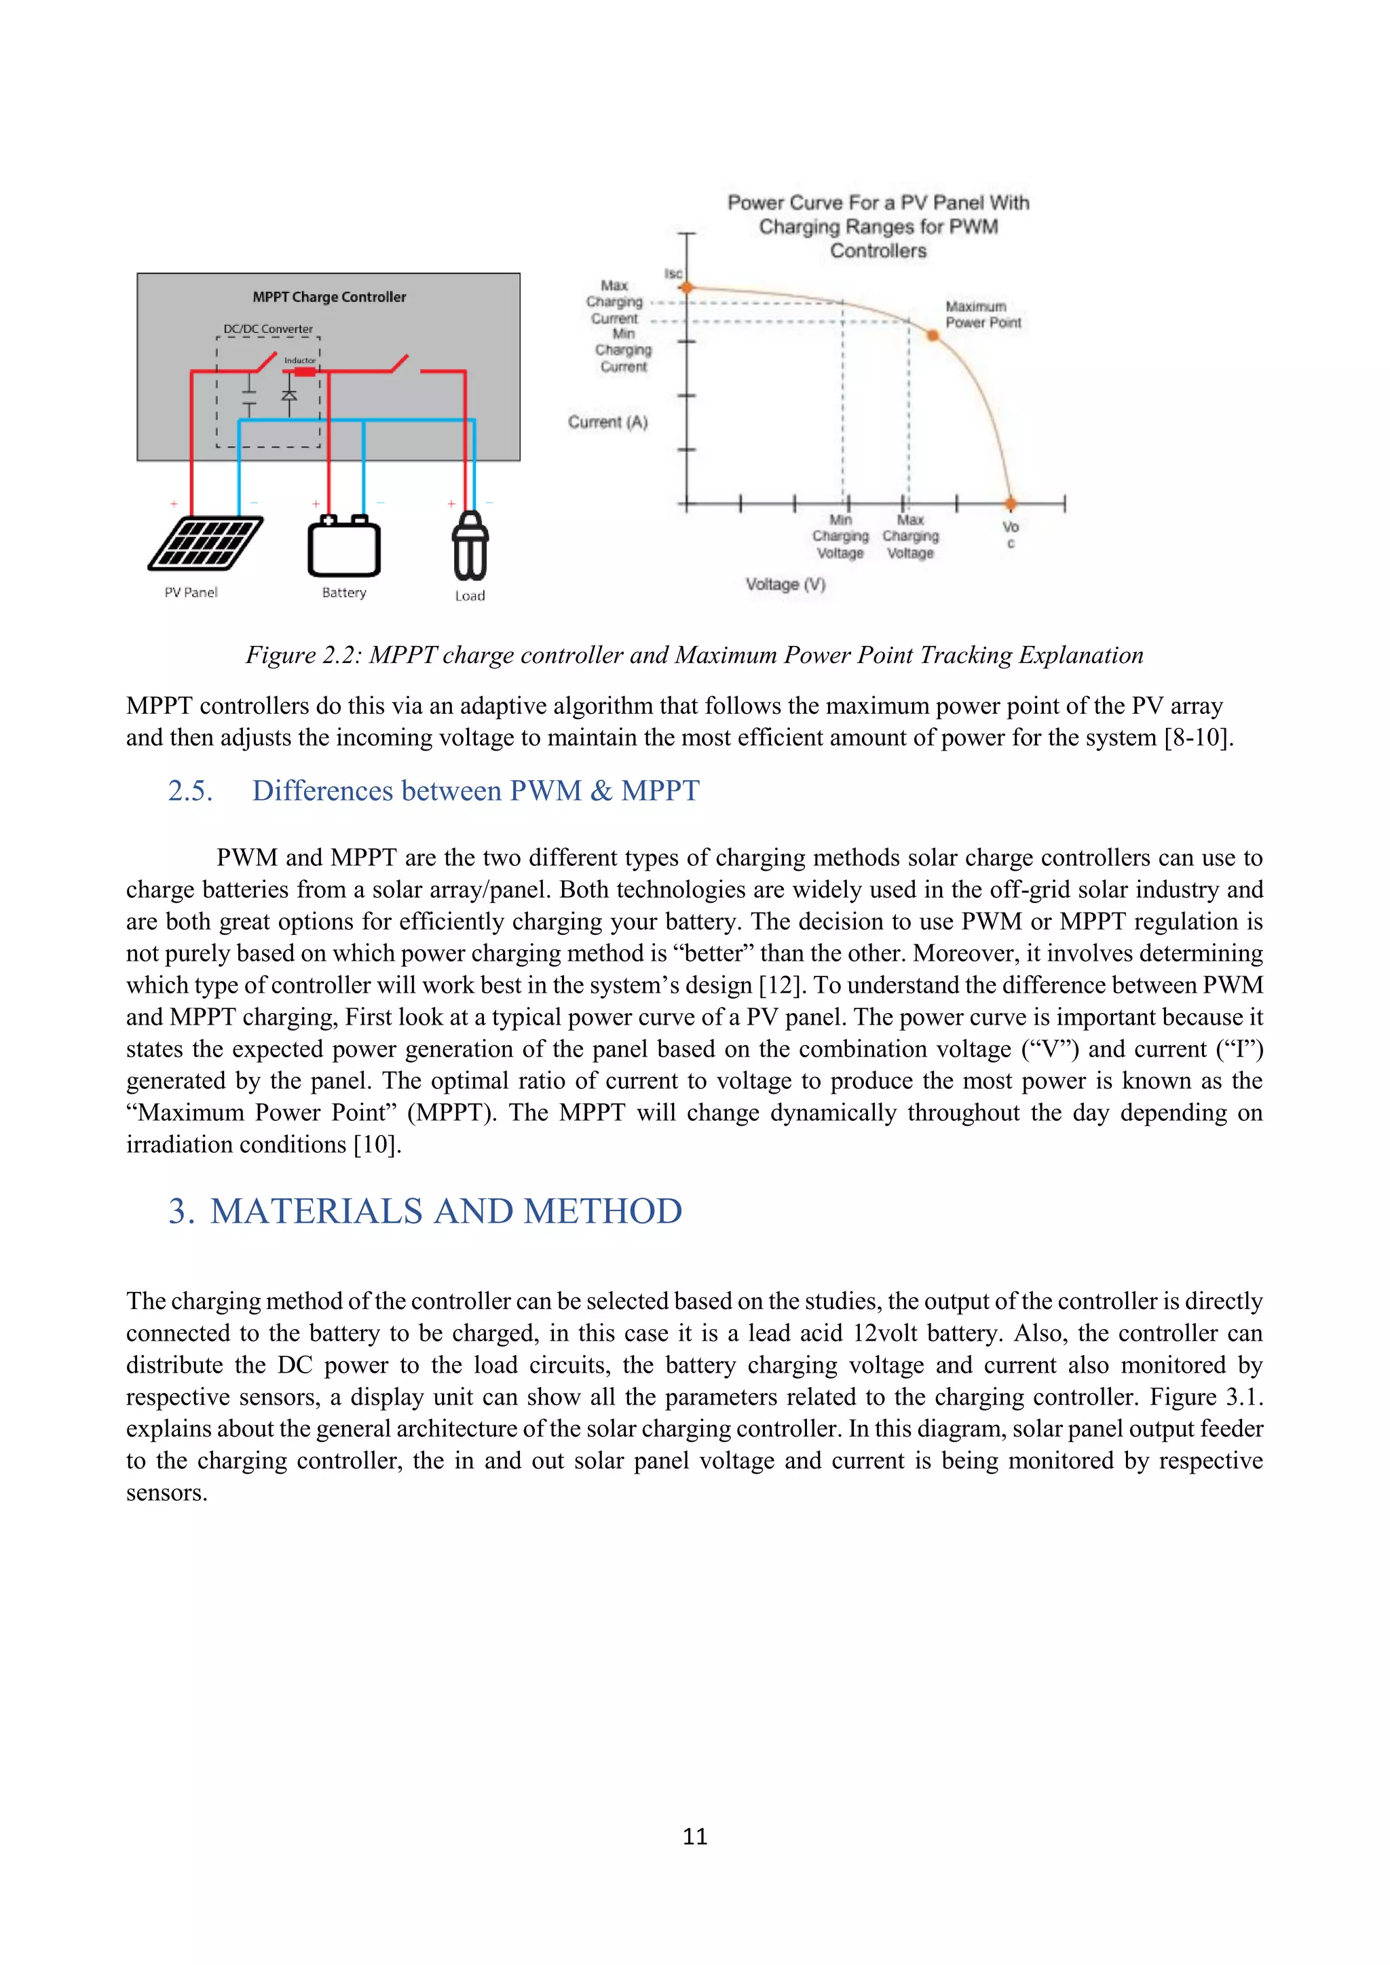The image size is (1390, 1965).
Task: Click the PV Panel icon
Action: pyautogui.click(x=206, y=543)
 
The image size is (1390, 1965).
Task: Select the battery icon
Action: pyautogui.click(x=344, y=548)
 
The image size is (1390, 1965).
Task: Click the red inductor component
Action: pyautogui.click(x=305, y=371)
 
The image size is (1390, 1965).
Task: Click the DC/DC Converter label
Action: pyautogui.click(x=268, y=328)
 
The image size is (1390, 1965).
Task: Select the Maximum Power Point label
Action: pyautogui.click(x=983, y=314)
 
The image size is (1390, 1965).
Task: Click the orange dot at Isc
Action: pyautogui.click(x=685, y=288)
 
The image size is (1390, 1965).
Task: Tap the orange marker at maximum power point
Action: pyautogui.click(x=933, y=335)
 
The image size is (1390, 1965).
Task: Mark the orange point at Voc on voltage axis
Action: pyautogui.click(x=1011, y=503)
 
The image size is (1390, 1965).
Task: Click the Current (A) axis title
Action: pyautogui.click(x=607, y=422)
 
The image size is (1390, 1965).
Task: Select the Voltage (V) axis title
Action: pyautogui.click(x=785, y=584)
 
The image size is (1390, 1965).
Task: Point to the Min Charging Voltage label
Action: pyautogui.click(x=840, y=537)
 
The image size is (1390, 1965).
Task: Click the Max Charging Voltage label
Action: pyautogui.click(x=910, y=537)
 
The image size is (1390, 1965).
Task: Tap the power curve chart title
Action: pyautogui.click(x=878, y=227)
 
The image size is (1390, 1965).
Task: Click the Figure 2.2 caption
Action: pyautogui.click(x=694, y=655)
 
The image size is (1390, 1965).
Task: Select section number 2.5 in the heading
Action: pyautogui.click(x=190, y=790)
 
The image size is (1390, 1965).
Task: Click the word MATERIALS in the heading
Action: pyautogui.click(x=317, y=1211)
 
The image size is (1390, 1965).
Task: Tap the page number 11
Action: pyautogui.click(x=694, y=1836)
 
